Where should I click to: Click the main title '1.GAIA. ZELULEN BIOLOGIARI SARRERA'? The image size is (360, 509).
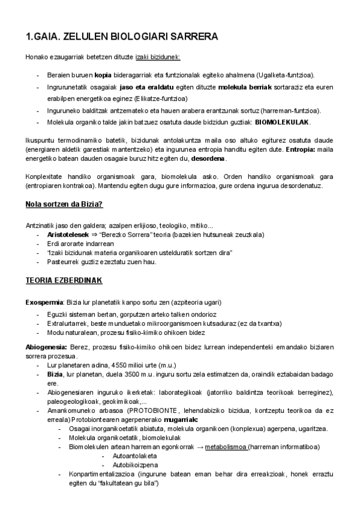point(122,37)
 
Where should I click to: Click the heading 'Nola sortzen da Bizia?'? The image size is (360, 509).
point(64,205)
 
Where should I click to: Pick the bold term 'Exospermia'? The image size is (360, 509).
point(44,301)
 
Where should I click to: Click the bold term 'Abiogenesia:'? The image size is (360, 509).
point(47,348)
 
